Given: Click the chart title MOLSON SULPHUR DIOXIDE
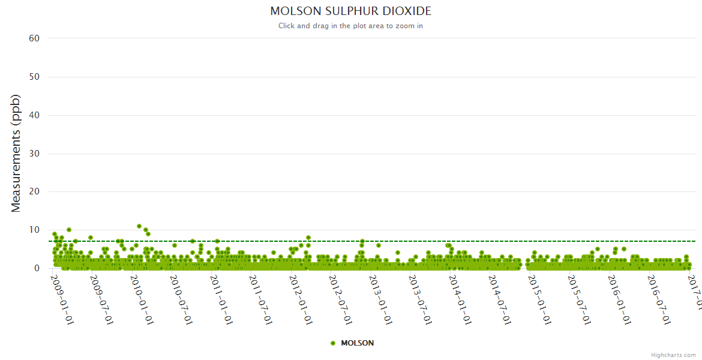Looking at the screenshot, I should tap(350, 11).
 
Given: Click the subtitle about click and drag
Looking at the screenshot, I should tap(350, 26).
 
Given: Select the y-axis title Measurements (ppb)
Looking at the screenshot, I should tap(16, 153).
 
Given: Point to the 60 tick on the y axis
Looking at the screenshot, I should tap(34, 38).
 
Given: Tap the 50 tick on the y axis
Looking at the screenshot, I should tap(34, 77).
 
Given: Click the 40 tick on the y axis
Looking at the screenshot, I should tap(34, 115).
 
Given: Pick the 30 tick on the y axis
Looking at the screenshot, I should tap(34, 154).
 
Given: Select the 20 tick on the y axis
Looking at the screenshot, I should tap(34, 192).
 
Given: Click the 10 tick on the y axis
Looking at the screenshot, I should tap(34, 230).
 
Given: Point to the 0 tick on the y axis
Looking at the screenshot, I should tap(37, 268).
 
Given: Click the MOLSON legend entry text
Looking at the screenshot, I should tap(357, 343).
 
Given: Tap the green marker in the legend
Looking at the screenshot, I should tap(333, 343).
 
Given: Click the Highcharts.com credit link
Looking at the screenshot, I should tap(673, 355).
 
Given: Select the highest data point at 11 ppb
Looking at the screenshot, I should tap(139, 226).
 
